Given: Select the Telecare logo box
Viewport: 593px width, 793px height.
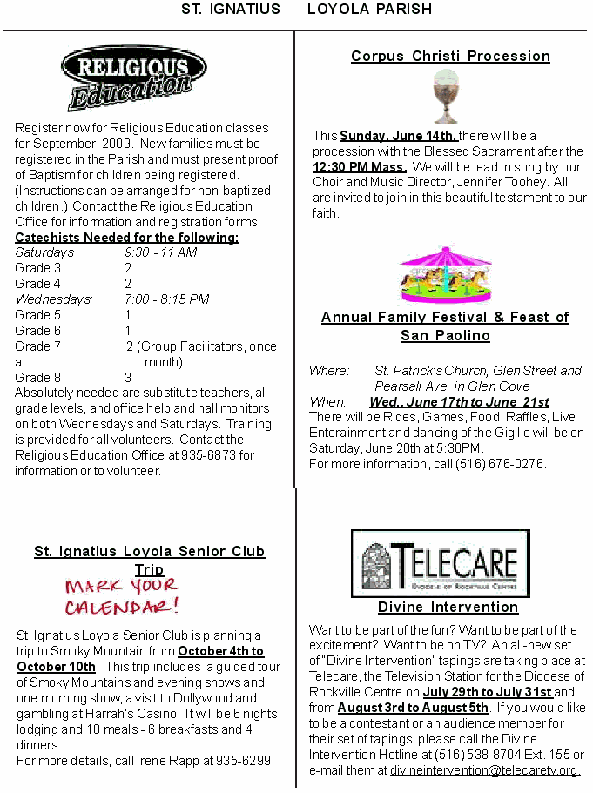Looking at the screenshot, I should point(440,563).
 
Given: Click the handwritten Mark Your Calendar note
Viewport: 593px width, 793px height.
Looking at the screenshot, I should point(122,595).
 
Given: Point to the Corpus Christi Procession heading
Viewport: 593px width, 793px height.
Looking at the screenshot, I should point(450,57).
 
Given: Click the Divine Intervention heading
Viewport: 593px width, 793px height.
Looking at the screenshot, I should point(448,608).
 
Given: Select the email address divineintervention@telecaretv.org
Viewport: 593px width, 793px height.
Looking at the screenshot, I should point(484,770).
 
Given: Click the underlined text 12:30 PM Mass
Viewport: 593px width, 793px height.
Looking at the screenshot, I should point(360,167).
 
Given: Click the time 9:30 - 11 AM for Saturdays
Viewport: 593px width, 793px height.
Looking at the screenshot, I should point(160,252).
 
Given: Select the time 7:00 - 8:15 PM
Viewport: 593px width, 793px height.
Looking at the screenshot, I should point(166,299).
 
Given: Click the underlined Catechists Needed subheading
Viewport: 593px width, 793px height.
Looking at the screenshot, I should point(127,238).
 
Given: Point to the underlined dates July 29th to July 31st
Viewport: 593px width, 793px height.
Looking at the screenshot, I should point(488,693).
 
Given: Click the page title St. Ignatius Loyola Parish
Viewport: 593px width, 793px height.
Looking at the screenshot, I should point(307,10).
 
